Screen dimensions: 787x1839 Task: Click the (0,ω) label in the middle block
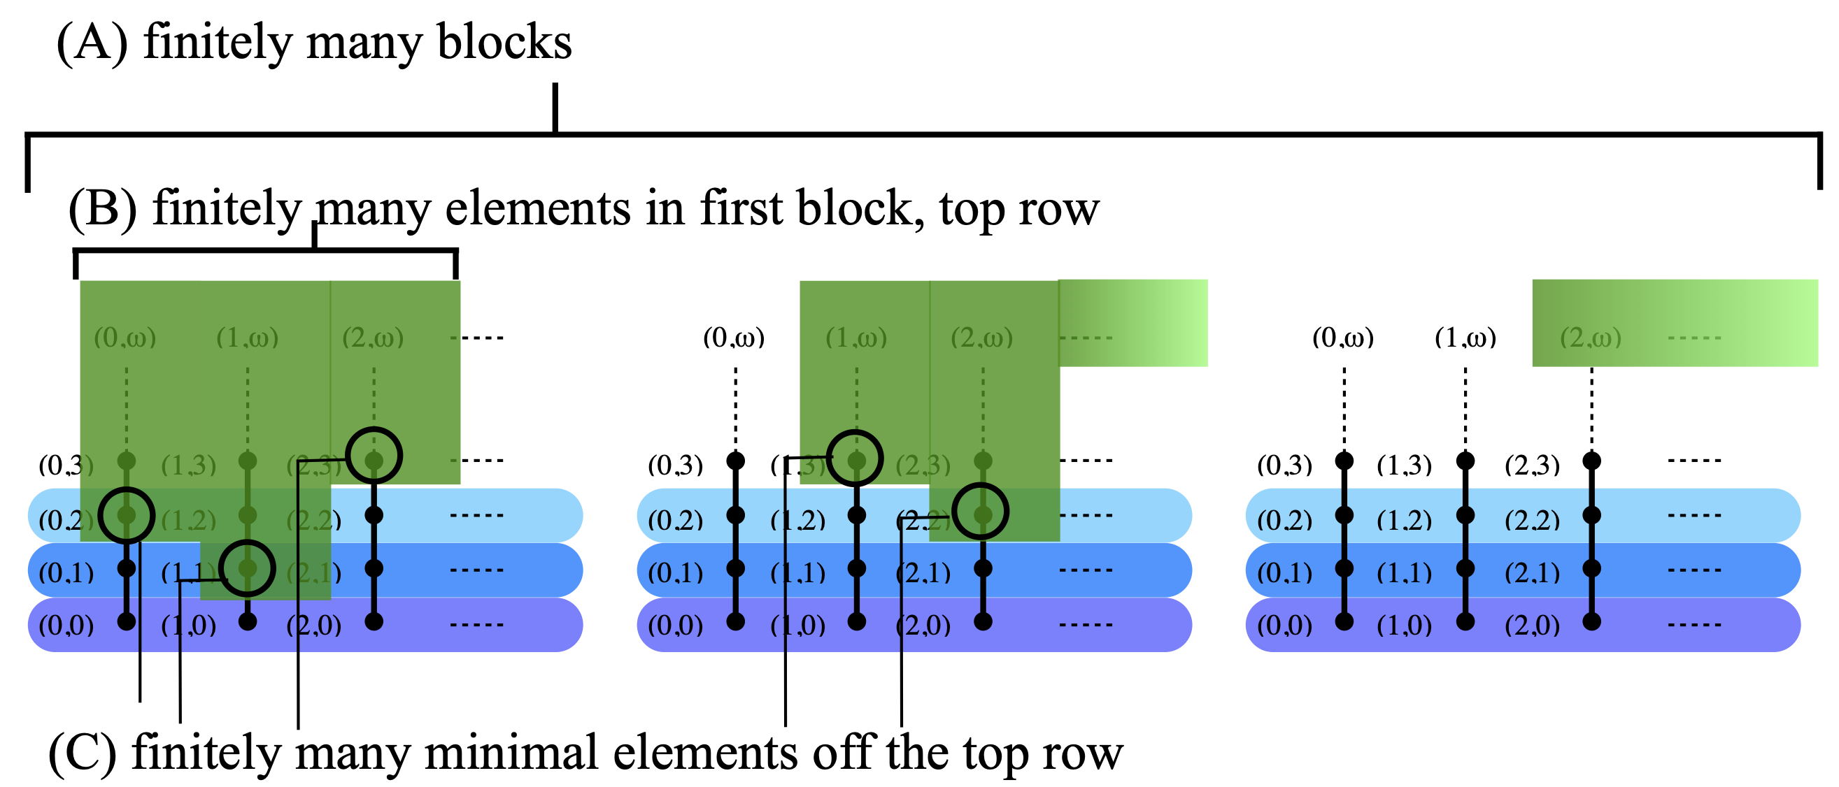coord(734,337)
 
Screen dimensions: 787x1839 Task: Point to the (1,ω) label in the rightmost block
coord(1465,337)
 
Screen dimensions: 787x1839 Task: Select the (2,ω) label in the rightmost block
coord(1591,337)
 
